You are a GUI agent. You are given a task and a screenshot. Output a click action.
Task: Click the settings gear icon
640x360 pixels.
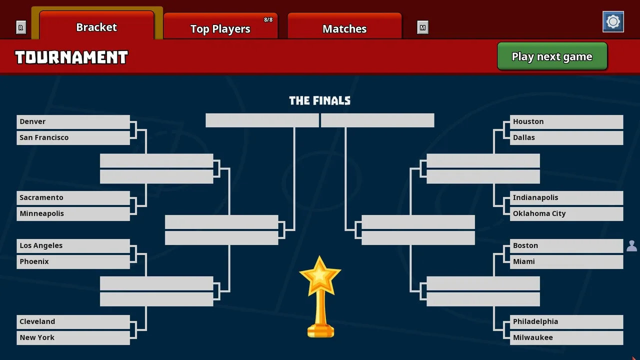[613, 21]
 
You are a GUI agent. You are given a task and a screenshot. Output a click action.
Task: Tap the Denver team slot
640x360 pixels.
[73, 121]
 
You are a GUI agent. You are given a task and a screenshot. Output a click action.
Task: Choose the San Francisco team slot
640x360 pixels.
[73, 137]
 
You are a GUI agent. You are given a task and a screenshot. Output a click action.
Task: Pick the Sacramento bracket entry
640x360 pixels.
[73, 197]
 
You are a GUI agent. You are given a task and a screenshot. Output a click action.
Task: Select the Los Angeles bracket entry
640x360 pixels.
[73, 245]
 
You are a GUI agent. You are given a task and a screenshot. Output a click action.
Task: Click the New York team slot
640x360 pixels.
[73, 337]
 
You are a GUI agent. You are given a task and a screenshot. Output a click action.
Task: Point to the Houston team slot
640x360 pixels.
[566, 121]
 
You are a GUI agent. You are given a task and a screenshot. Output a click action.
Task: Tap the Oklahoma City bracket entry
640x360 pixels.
[566, 213]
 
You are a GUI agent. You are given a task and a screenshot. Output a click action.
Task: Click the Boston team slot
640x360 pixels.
[566, 245]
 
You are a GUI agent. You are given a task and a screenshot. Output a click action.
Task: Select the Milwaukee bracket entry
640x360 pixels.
[566, 337]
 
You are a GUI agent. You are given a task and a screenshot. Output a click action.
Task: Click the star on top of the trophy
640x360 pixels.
[320, 275]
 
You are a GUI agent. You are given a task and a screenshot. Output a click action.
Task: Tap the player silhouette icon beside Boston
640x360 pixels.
[631, 246]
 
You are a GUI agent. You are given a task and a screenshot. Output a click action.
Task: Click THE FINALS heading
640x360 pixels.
[319, 100]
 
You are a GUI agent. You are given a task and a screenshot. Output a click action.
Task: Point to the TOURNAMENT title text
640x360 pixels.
[71, 57]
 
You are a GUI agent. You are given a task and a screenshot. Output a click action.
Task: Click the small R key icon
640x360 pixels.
[21, 27]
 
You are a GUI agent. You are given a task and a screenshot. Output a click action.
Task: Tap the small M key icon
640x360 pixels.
[422, 27]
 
